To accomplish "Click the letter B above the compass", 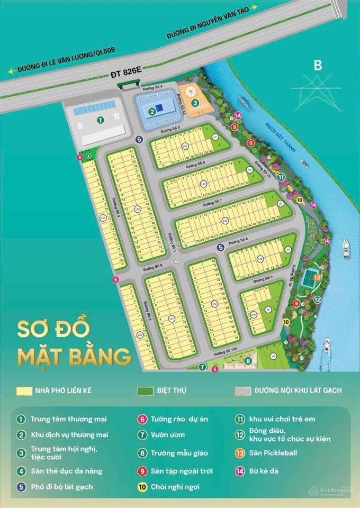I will pos(318,66).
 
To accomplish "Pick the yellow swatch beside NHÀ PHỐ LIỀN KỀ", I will pos(23,391).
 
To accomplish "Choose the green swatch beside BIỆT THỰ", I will pos(144,391).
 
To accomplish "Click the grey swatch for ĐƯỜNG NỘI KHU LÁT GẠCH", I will pos(243,391).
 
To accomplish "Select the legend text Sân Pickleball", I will pos(273,453).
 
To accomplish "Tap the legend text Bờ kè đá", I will pos(265,470).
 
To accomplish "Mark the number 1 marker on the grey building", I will pos(100,120).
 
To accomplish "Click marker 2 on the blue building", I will pos(152,111).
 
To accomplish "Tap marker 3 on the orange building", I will pos(195,103).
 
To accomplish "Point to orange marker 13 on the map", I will pos(316,276).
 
